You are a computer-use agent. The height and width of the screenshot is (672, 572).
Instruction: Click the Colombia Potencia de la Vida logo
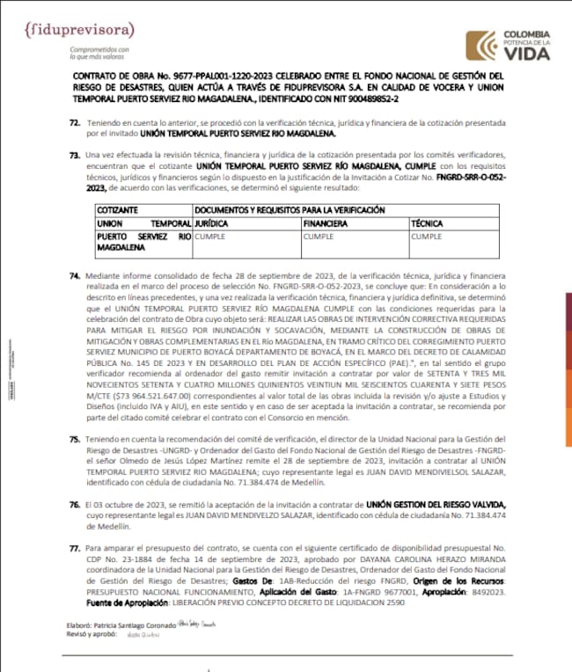tap(508, 46)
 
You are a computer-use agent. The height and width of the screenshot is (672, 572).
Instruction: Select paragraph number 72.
tap(74, 125)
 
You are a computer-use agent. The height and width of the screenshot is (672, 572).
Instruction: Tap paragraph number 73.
tap(74, 155)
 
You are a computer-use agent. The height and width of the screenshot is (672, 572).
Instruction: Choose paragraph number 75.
tap(74, 437)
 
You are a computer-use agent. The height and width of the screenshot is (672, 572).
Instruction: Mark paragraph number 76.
tap(74, 501)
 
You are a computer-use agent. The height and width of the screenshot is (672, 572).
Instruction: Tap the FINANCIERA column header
tap(330, 223)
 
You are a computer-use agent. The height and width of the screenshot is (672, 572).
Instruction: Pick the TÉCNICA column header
tap(429, 223)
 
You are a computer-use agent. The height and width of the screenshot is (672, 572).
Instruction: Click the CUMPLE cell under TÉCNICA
tap(427, 237)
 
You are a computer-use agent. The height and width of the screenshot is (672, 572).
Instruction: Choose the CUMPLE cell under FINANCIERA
tap(319, 237)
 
